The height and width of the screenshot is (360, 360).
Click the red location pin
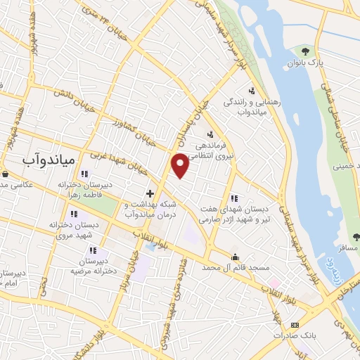tap(180, 165)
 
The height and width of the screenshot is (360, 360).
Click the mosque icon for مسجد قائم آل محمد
tap(235, 257)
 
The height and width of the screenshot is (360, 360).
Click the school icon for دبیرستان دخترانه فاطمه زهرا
tap(84, 174)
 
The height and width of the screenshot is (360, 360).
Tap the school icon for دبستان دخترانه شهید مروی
tap(74, 214)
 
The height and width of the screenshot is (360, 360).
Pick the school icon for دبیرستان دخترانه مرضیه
tap(91, 250)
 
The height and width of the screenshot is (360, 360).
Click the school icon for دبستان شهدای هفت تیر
tap(234, 198)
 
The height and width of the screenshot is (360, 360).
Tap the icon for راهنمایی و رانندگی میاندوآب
tap(252, 90)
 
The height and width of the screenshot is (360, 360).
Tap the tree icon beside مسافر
tap(355, 237)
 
